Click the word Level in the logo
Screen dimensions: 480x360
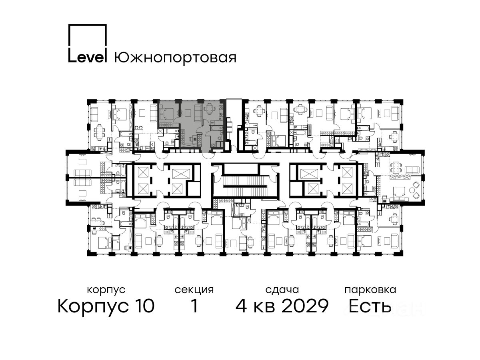tap(88, 57)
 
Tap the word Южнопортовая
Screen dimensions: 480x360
tap(175, 58)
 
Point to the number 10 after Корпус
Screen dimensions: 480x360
tap(144, 306)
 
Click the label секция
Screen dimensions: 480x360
tap(194, 290)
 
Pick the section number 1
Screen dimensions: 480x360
tap(194, 306)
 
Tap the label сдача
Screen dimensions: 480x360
tap(282, 290)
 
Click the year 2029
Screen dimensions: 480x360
tap(305, 306)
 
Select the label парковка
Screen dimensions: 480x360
tap(370, 290)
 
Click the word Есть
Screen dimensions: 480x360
tap(370, 306)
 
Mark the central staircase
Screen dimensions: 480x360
tap(245, 186)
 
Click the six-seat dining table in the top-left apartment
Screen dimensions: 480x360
tap(99, 133)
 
